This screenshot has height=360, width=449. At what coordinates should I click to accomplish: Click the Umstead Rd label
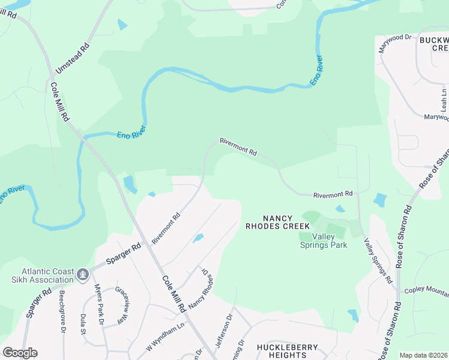(72, 57)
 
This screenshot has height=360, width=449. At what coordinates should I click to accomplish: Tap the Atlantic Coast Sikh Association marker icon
(83, 275)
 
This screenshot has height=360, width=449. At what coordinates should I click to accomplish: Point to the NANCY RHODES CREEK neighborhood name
(278, 222)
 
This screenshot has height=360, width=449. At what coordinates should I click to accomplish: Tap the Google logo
(20, 353)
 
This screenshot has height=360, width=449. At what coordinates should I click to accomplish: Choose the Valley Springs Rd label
(378, 261)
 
